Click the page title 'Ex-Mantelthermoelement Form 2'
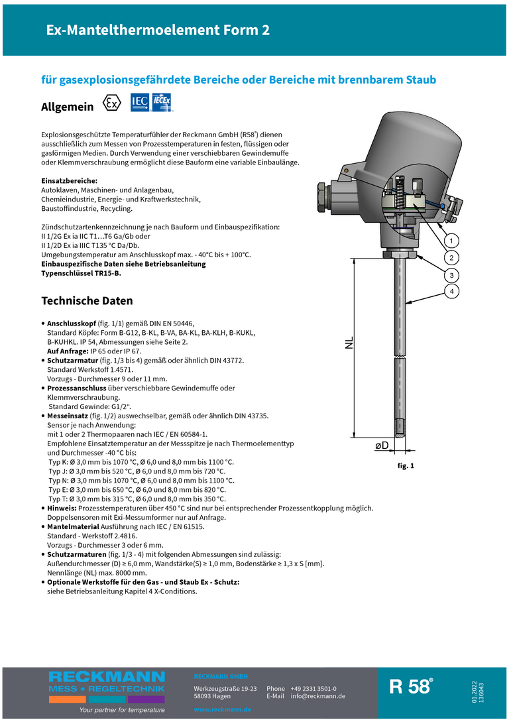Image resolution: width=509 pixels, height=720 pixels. coord(157,30)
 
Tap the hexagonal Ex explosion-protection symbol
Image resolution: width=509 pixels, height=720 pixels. coord(112,104)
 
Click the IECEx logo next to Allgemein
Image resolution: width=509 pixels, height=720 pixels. coord(163,103)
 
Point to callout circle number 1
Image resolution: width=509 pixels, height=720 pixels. coord(451,239)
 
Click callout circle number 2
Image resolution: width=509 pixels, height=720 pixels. coord(451,257)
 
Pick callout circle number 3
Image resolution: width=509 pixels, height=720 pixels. coord(451,274)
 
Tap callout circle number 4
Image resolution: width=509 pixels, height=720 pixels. coord(451,292)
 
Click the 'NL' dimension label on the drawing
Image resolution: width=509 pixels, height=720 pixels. coord(349,343)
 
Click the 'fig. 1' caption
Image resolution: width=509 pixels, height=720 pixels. coord(406,466)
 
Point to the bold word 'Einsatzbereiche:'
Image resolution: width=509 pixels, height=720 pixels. coord(70,181)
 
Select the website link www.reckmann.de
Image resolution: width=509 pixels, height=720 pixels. coord(222,709)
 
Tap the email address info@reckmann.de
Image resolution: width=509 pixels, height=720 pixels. coord(317,696)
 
